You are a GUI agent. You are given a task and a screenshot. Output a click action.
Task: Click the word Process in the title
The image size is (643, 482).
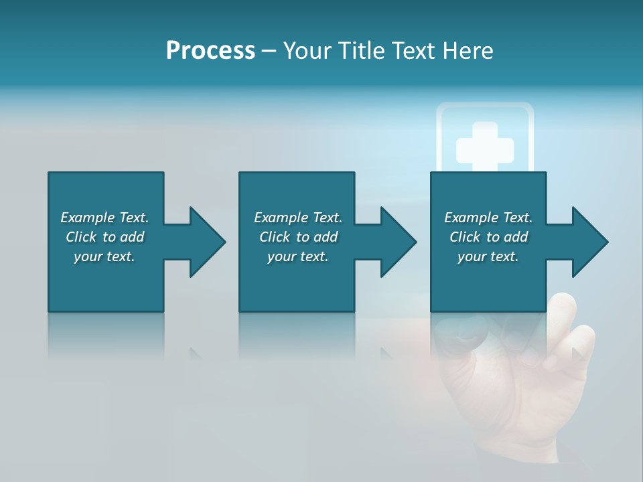point(210,51)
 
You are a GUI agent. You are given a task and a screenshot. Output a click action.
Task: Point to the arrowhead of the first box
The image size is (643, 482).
point(208,242)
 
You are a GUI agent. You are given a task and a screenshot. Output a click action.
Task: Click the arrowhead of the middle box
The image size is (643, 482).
point(399,242)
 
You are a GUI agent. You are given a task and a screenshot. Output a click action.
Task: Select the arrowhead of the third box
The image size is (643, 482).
point(590,242)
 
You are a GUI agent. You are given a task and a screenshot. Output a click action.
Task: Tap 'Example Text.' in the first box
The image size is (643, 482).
point(104,218)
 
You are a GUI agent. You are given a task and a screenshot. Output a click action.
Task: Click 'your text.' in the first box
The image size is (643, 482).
point(104,256)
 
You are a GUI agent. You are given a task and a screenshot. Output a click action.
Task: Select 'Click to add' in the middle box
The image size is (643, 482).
point(298,237)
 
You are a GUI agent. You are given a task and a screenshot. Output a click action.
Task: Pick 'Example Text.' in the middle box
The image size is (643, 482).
point(298,218)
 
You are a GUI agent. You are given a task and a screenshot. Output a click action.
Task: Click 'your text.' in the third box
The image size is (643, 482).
point(488,256)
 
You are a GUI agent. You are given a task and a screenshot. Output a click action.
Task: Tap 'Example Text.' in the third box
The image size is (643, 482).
point(488,218)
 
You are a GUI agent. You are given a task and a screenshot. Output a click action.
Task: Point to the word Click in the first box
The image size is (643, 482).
point(82,237)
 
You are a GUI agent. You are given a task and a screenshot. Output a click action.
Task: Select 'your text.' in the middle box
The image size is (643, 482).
point(298,256)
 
